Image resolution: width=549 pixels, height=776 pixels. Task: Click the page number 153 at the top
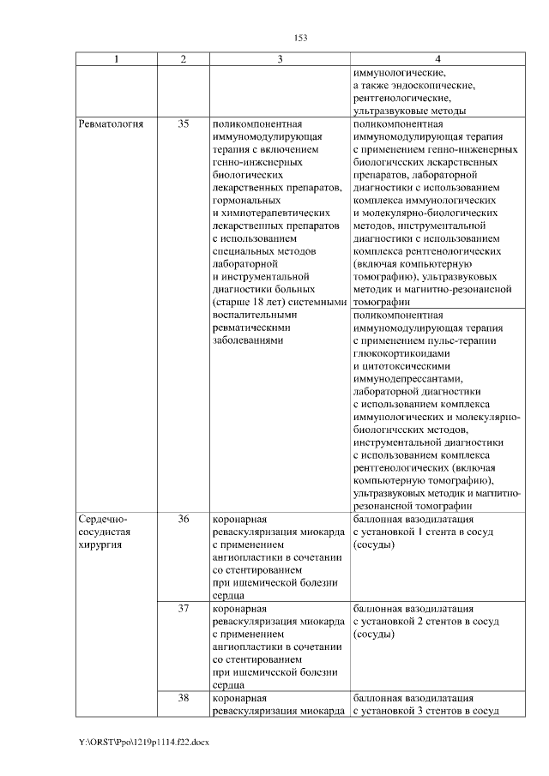click(300, 38)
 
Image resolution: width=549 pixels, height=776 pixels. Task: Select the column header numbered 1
click(118, 58)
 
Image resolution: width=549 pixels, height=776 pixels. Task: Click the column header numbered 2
click(184, 58)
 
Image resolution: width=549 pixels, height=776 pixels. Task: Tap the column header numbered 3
click(280, 58)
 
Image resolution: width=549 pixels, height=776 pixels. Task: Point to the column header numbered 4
click(437, 58)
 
